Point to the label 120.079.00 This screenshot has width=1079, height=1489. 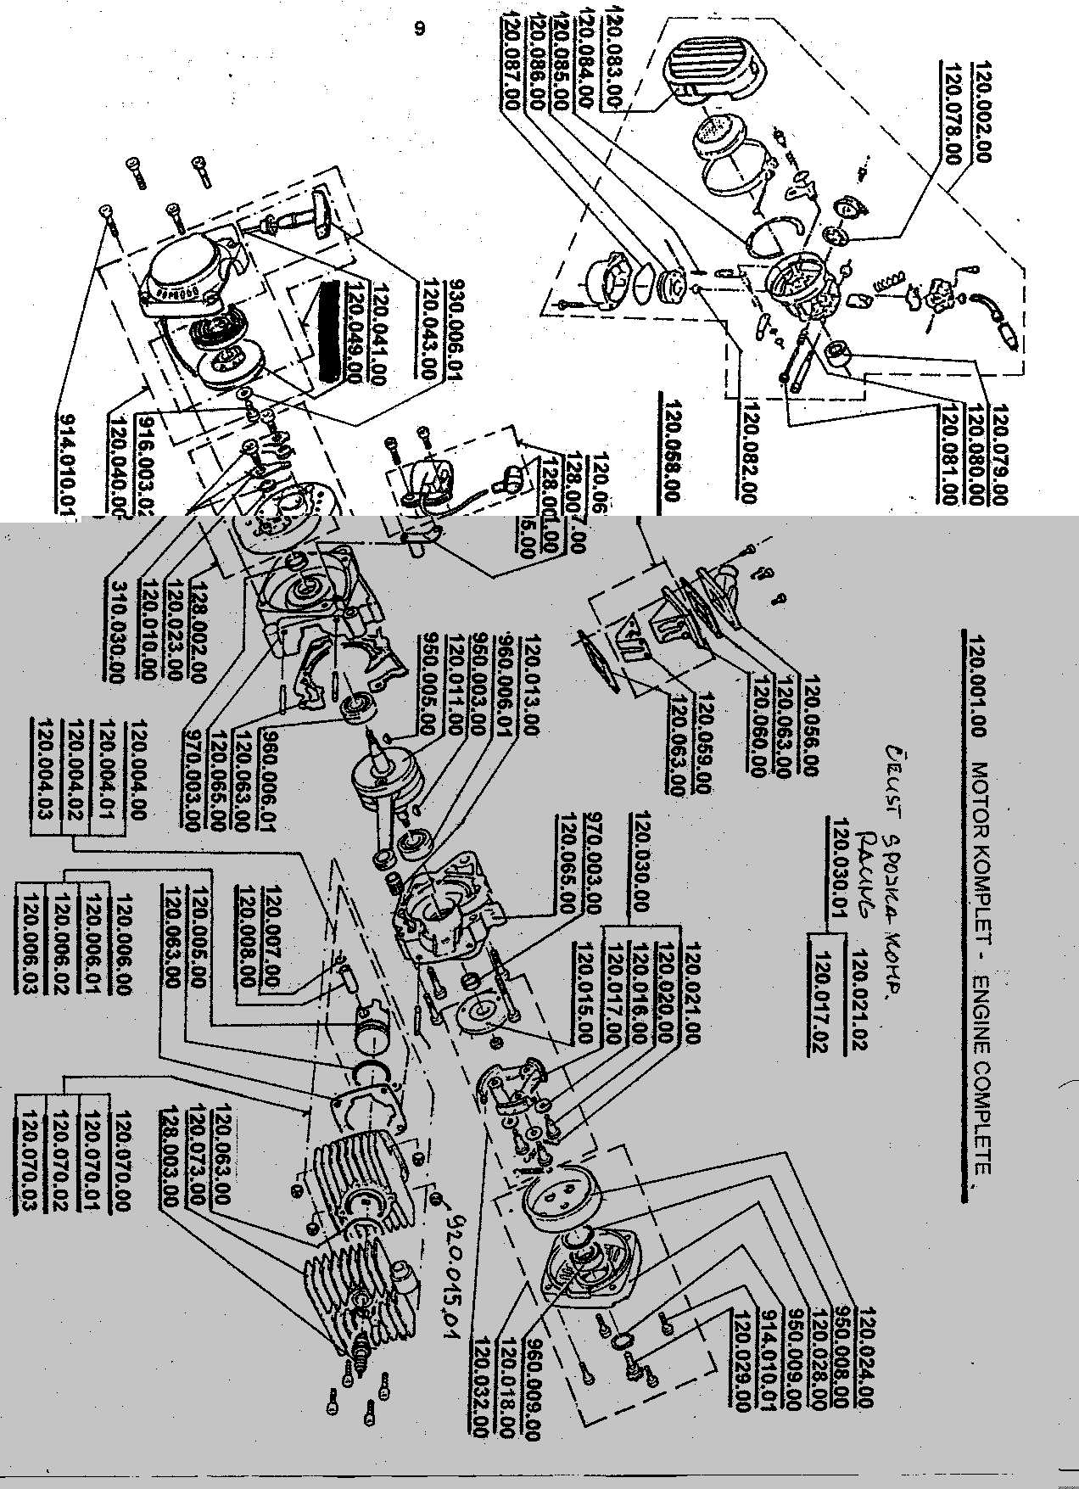click(998, 456)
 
